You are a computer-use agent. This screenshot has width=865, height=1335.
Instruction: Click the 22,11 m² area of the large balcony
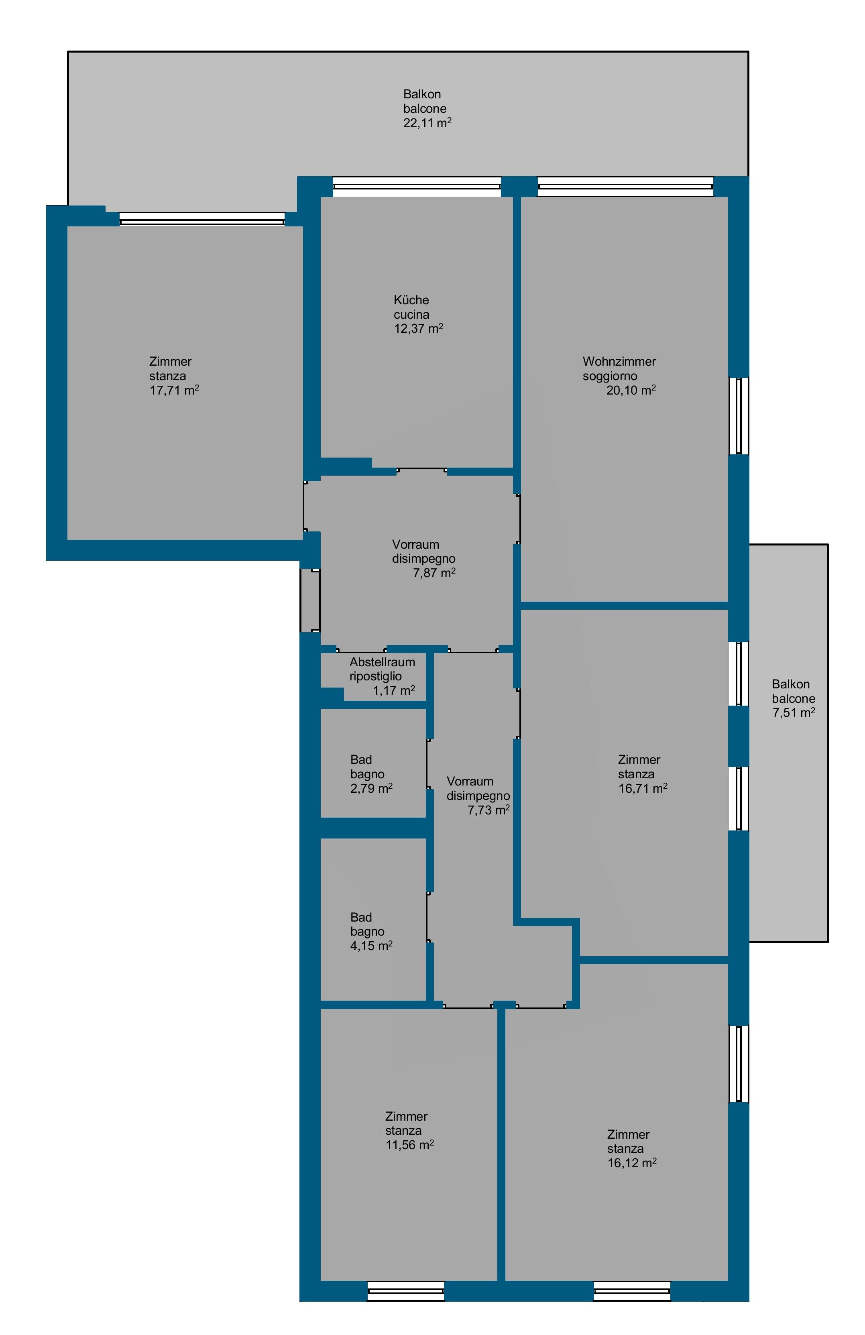(x=427, y=123)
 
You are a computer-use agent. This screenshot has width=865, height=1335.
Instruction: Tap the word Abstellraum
(x=382, y=662)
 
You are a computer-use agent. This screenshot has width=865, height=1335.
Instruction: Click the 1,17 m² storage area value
(x=394, y=690)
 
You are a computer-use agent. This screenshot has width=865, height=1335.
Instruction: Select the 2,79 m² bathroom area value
(x=371, y=788)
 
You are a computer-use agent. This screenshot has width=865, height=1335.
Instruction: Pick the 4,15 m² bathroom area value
(x=371, y=946)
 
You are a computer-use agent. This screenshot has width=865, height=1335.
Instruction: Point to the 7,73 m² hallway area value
(x=488, y=810)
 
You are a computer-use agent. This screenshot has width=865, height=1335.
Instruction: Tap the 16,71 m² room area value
(x=642, y=788)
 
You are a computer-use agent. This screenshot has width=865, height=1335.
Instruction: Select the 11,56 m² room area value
(x=409, y=1145)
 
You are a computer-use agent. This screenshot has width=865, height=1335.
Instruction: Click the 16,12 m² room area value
(x=632, y=1163)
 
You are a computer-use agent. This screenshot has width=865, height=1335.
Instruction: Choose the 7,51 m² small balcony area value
(x=793, y=712)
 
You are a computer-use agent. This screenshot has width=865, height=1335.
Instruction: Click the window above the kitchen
(x=417, y=187)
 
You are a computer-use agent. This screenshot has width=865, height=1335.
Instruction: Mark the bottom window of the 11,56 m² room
(x=405, y=1291)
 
